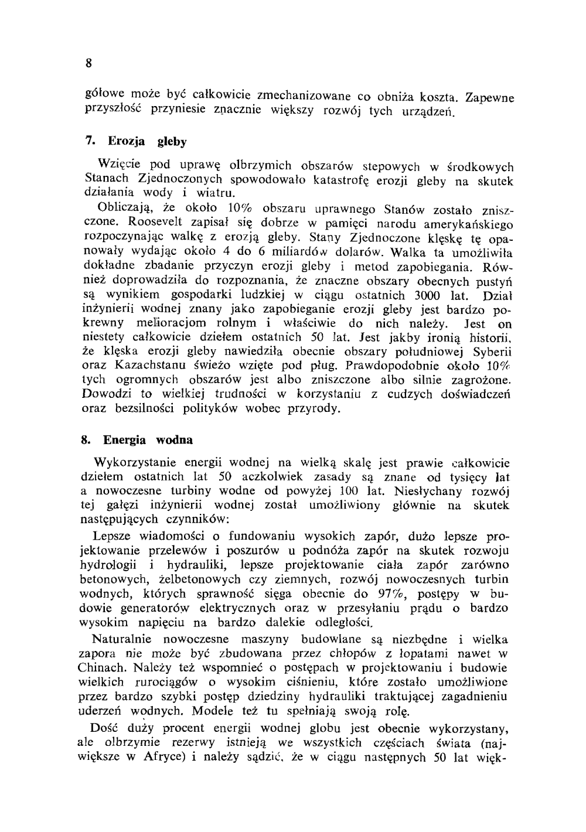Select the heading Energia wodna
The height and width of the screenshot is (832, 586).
pos(148,439)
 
